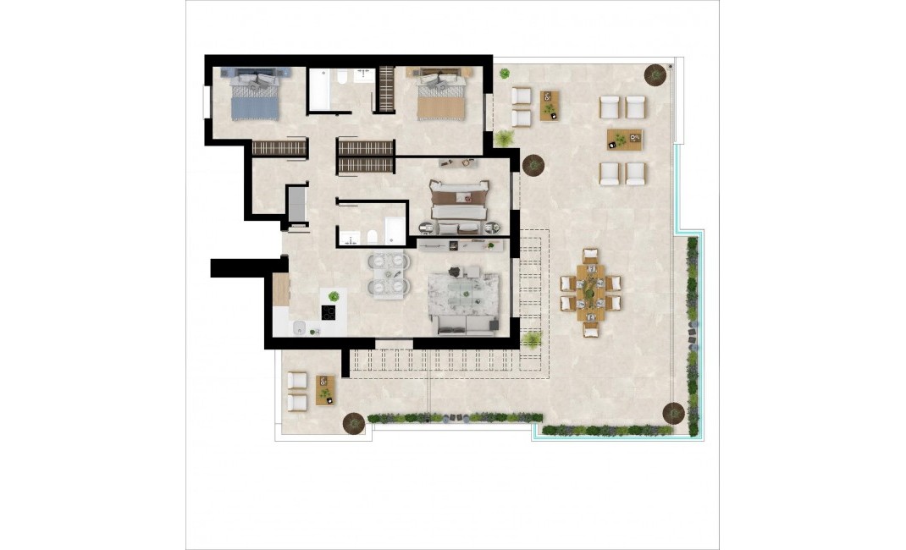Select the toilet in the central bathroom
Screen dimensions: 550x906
[371, 235]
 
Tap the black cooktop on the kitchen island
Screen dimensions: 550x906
[329, 312]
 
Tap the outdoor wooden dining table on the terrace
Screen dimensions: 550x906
[589, 293]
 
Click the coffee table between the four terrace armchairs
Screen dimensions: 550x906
[623, 140]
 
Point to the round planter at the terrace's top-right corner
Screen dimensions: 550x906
[655, 75]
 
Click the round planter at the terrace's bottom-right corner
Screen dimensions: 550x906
[673, 413]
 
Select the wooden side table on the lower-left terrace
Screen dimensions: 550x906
[323, 390]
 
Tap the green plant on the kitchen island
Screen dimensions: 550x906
[334, 296]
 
